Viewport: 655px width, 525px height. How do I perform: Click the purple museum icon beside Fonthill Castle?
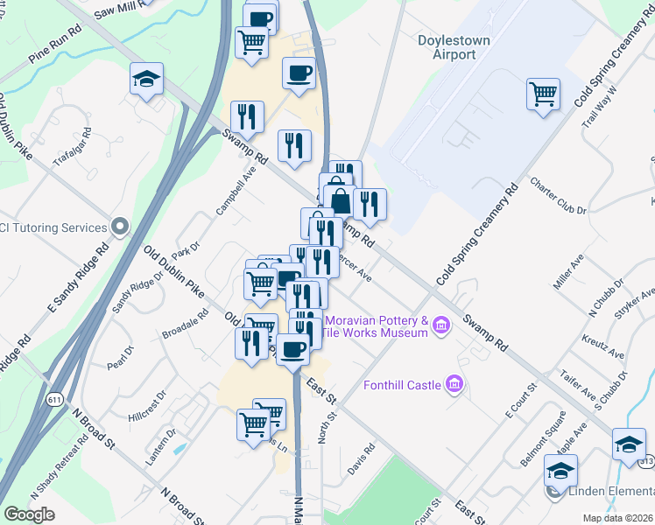(x=454, y=383)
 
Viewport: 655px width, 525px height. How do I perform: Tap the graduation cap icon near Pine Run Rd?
(x=146, y=80)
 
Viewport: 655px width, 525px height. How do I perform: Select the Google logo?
(x=29, y=514)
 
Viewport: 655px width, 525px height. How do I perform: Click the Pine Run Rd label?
(x=55, y=52)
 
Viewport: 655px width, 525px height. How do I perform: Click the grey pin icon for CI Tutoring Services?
(x=122, y=228)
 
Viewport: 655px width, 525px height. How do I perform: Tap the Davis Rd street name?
(x=360, y=458)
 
